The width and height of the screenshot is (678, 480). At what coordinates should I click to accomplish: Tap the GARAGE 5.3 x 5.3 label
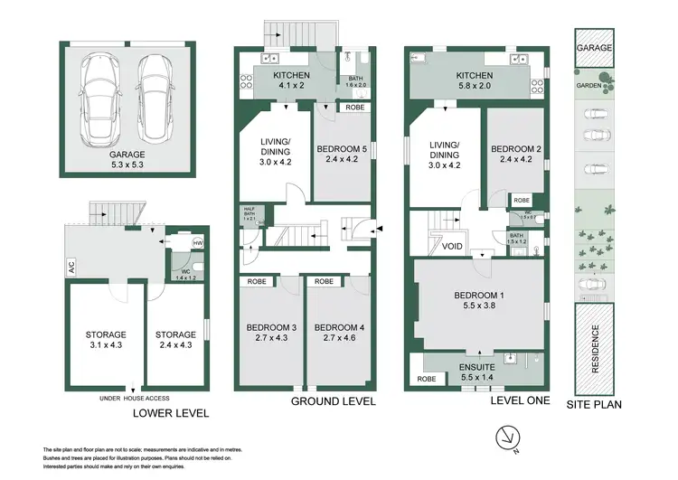[127, 160]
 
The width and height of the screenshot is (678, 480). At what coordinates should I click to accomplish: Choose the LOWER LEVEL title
[171, 413]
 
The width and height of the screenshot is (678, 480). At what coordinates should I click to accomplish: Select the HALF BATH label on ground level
[248, 216]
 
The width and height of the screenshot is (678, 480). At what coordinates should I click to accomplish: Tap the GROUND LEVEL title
[332, 400]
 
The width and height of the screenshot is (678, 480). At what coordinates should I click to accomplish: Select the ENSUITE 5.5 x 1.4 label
[476, 371]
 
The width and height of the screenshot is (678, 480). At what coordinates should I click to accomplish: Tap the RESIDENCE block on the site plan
[595, 347]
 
